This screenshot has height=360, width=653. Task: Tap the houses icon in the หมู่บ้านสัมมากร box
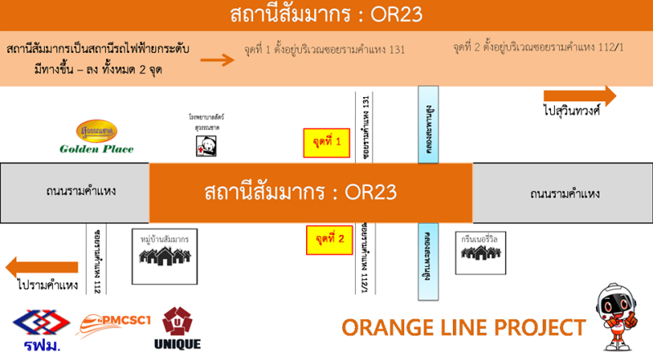pos(166,256)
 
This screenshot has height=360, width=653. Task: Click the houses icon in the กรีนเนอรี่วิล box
pos(480,253)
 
